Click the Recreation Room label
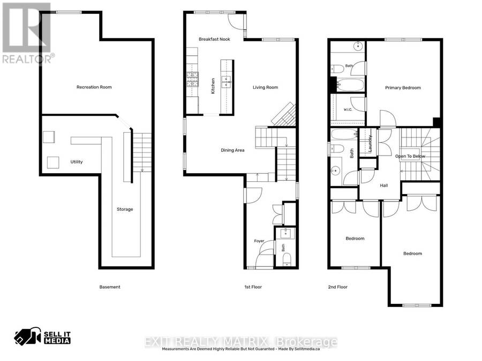coord(94,87)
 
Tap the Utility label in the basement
coord(77,162)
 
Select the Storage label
coord(125,209)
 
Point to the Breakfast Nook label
coord(214,39)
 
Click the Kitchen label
coord(213,86)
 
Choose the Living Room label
coord(265,88)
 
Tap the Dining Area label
coord(232,150)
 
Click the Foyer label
coord(259,241)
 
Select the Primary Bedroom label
coord(403,88)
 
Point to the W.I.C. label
coord(348,110)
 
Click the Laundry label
coord(370,143)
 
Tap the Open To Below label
coord(410,156)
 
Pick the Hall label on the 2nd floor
coord(384,186)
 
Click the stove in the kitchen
coord(192,79)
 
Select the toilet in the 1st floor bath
coord(287,259)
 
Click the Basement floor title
coord(110,287)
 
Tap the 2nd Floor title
coord(337,287)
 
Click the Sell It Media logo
coord(42,336)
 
